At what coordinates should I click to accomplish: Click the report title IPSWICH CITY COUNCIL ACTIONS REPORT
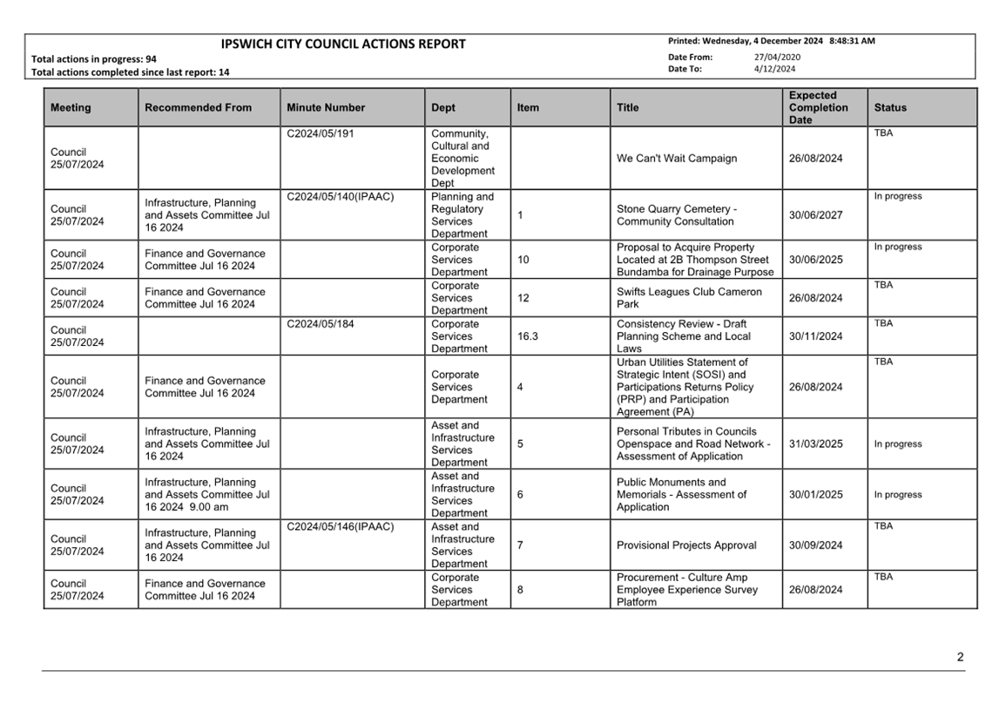tap(343, 44)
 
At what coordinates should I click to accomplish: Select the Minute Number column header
tap(325, 108)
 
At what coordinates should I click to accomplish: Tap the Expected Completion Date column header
tap(818, 108)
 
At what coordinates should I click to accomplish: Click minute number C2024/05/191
tap(320, 134)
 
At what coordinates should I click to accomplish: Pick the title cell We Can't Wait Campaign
tap(677, 159)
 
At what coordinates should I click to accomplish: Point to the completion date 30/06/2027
tap(815, 215)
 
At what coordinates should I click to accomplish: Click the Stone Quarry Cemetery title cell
tap(677, 215)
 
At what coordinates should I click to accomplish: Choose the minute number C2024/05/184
tap(320, 324)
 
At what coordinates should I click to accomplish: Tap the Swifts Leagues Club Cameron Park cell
tap(688, 298)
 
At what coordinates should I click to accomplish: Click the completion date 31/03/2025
tap(815, 444)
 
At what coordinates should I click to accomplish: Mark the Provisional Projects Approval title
tap(686, 545)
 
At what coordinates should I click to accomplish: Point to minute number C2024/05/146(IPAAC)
tap(340, 526)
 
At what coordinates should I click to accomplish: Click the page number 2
tap(960, 658)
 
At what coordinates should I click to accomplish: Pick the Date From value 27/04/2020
tap(777, 58)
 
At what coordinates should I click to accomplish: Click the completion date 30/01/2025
tap(815, 495)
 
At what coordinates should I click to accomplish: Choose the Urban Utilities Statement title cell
tap(685, 387)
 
